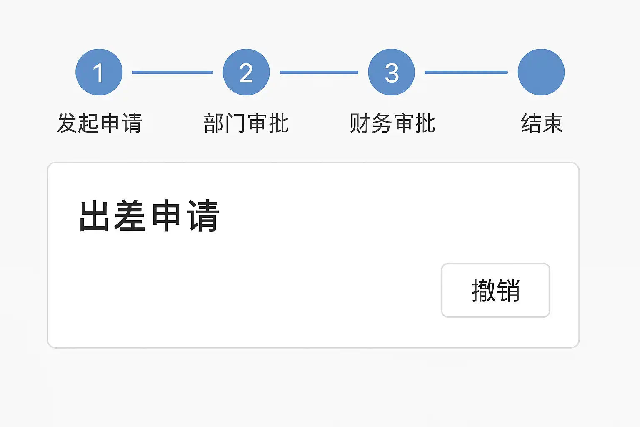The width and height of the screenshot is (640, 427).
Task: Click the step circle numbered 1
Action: pos(99,72)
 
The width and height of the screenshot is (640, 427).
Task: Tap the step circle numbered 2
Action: pos(246,72)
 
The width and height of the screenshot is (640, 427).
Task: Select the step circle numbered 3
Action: pos(391,72)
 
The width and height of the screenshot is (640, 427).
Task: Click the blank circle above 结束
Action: pos(541,72)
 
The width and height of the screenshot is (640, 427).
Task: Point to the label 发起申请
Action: pos(99,123)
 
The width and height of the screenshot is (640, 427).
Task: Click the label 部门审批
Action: pos(246,123)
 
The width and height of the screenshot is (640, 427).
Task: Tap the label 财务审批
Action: pos(392,123)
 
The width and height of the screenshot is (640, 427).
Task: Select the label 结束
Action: pos(542,123)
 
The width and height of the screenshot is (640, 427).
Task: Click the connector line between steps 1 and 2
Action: pos(172,73)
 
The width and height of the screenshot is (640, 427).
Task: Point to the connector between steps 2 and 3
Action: pos(319,73)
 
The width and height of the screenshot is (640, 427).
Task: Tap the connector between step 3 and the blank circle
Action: pos(466,73)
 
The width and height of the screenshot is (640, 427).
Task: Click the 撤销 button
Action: pos(495,290)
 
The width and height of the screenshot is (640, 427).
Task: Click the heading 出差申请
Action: pos(149,216)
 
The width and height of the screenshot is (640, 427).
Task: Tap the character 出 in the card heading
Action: pos(94,216)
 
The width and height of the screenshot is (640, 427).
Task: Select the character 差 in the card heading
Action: pos(130,216)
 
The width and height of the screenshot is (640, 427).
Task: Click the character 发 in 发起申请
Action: pos(67,123)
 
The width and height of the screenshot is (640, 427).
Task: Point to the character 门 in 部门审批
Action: pos(235,123)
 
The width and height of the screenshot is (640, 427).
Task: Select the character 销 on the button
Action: pos(508,290)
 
